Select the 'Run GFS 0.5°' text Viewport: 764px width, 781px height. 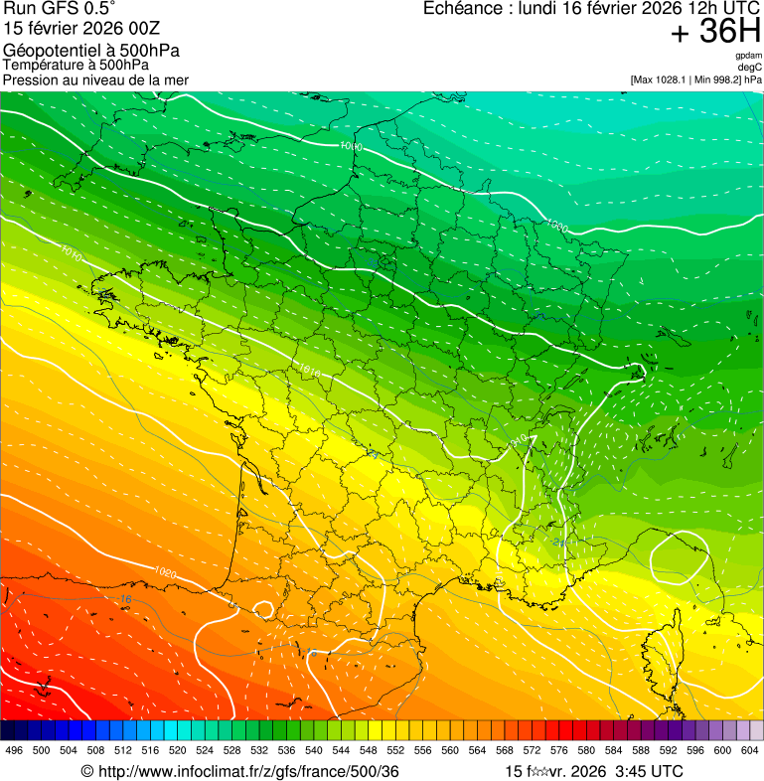click(x=60, y=9)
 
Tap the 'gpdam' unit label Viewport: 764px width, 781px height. click(x=749, y=56)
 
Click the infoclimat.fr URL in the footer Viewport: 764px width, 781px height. click(x=248, y=771)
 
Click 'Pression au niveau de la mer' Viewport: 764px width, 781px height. click(x=95, y=79)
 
